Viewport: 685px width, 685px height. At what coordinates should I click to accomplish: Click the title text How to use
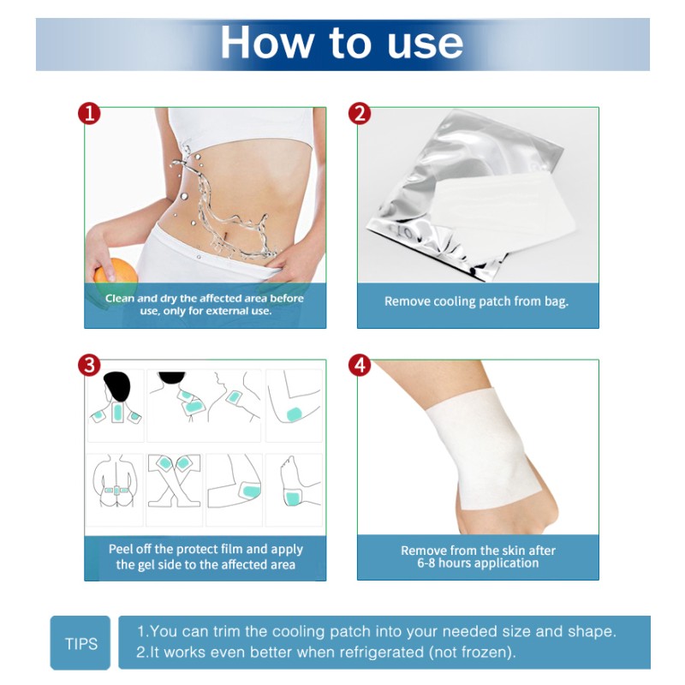point(342,43)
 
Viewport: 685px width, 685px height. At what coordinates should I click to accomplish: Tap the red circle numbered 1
point(89,114)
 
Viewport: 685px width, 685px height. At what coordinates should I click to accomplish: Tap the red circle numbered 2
point(360,114)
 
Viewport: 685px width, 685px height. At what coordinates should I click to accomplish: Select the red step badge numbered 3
point(89,366)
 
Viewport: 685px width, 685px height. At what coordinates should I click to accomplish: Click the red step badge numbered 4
point(360,366)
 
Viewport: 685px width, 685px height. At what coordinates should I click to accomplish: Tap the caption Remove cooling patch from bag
point(476,301)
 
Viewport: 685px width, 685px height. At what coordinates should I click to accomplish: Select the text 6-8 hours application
point(478,563)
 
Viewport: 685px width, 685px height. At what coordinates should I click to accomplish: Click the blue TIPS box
point(80,643)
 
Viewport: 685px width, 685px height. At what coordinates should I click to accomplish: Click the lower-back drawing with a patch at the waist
point(116,488)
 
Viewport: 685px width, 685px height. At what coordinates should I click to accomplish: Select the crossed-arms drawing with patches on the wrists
point(175,488)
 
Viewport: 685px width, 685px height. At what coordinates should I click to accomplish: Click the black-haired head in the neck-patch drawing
point(116,385)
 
